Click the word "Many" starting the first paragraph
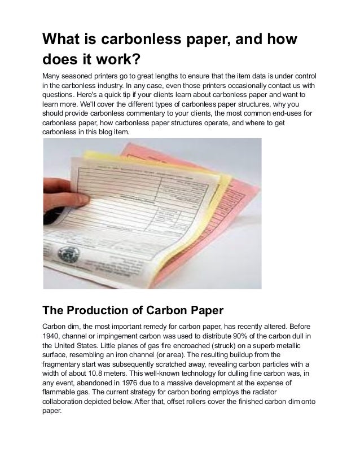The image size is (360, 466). click(x=53, y=76)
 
